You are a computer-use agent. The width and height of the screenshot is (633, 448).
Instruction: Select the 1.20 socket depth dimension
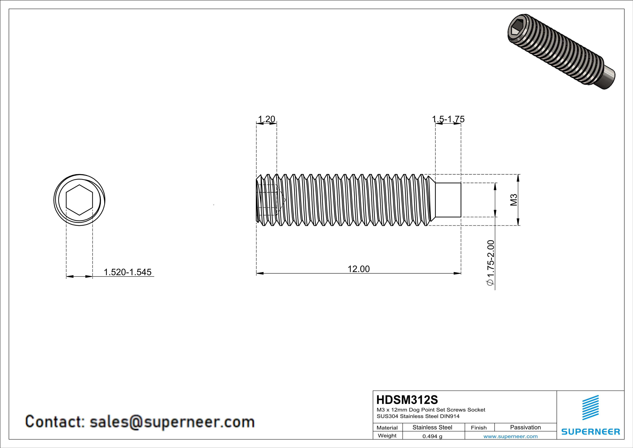266,119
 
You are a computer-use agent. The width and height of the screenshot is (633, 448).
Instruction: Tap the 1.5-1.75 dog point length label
448,119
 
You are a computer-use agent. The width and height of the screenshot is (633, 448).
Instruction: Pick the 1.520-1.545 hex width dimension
127,272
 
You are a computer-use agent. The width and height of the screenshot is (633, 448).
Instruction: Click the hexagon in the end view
79,200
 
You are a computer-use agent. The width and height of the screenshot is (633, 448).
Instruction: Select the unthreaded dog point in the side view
448,200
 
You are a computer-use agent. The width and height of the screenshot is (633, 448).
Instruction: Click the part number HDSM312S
407,400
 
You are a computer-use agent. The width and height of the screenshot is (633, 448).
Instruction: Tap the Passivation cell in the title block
525,427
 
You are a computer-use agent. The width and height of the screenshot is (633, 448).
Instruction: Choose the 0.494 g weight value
432,436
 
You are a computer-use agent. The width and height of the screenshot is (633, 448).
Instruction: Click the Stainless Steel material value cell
432,427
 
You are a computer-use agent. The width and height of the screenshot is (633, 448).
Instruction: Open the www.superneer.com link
510,436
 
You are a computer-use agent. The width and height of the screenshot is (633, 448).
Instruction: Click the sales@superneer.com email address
172,422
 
